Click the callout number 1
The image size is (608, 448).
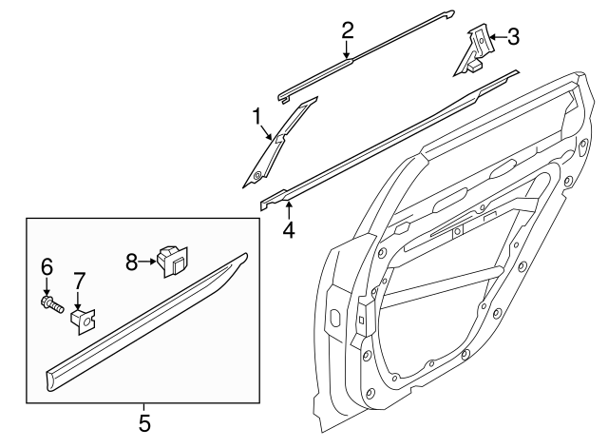pos(256,116)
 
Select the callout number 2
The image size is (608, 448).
pos(348,30)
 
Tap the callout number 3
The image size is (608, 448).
pos(513,37)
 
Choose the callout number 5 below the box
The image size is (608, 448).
pos(144,419)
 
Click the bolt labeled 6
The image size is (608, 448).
pos(50,305)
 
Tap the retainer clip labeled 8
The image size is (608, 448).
pos(172,259)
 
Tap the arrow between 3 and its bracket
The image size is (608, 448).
pos(496,38)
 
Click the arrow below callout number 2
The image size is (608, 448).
pos(348,51)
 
